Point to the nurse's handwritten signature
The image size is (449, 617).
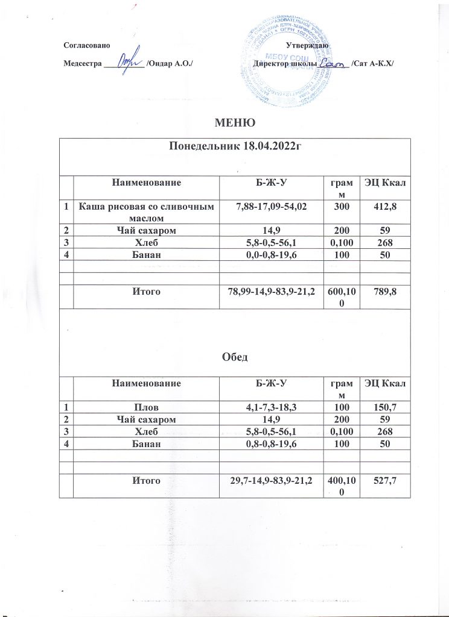(128, 62)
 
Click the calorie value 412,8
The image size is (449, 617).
(385, 207)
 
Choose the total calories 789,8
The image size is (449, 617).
(385, 291)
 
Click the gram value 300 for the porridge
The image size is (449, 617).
(342, 207)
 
